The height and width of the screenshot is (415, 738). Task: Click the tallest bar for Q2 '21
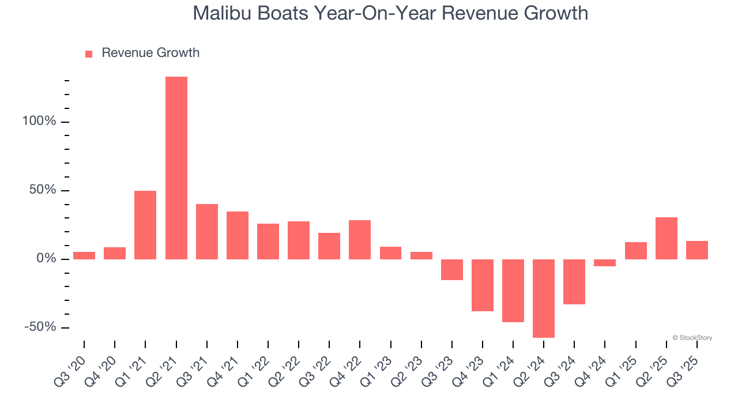point(176,168)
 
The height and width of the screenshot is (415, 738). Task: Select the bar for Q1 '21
point(145,225)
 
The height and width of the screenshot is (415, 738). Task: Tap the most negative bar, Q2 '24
point(544,298)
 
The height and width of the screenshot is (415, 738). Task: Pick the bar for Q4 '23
point(483,285)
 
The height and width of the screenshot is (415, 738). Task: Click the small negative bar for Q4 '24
point(605,263)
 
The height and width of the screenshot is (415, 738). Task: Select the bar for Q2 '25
point(666,238)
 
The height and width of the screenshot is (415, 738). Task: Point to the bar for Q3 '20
point(84,255)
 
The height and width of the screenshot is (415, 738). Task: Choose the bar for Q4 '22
point(360,240)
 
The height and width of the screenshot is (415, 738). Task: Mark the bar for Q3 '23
point(452,270)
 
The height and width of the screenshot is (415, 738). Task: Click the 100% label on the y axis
point(40,122)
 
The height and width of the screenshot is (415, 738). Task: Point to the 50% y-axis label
point(43,190)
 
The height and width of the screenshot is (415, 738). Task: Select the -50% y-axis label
point(41,327)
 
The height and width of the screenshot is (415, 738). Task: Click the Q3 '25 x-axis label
point(685,367)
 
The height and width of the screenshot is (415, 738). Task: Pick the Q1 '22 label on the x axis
point(256,367)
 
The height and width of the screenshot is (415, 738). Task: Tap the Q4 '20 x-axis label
point(103,367)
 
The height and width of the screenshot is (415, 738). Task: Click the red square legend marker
point(89,54)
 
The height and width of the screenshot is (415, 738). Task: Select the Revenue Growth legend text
point(150,53)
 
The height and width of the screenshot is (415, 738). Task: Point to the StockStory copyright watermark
point(692,338)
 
